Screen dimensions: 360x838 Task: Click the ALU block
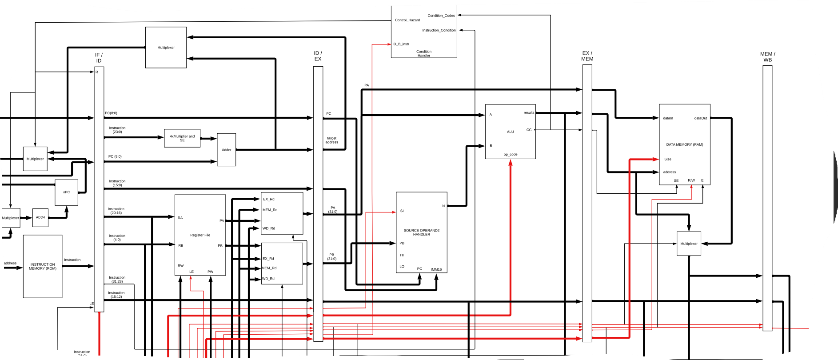point(510,132)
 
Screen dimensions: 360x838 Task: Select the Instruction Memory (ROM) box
point(43,266)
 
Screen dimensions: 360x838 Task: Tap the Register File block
point(200,235)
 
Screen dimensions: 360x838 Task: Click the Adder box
point(226,150)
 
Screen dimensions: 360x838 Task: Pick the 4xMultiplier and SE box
point(182,138)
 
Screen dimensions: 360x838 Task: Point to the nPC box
point(66,192)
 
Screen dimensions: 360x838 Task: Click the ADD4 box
point(40,217)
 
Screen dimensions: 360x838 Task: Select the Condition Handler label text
point(423,53)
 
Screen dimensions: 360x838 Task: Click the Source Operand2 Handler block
point(421,232)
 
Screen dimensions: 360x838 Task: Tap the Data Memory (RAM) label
point(684,144)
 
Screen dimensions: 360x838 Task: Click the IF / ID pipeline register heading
point(99,58)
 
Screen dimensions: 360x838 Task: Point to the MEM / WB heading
point(767,57)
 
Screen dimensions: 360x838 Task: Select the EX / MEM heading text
point(587,56)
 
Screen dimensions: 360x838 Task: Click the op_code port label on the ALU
point(510,155)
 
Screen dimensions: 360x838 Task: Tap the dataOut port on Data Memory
point(700,118)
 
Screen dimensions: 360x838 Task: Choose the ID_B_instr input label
point(401,44)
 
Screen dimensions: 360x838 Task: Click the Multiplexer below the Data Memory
point(689,244)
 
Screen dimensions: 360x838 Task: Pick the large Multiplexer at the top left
point(166,48)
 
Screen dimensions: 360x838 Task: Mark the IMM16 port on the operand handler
point(436,269)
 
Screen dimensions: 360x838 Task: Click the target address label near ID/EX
point(331,140)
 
